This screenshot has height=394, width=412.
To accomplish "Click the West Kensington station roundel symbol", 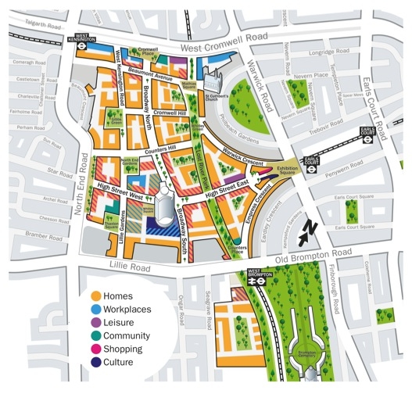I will coord(81,47).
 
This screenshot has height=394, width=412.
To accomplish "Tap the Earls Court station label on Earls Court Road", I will coord(367,131).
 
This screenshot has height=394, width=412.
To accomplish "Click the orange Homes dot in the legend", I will coord(95,296).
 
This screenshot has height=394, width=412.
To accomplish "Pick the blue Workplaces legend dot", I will coord(95,310).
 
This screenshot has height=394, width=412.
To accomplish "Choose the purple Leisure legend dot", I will coord(95,323).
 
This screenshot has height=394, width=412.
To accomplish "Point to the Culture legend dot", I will coord(95,363).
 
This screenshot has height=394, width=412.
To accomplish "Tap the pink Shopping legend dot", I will coord(95,349).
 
